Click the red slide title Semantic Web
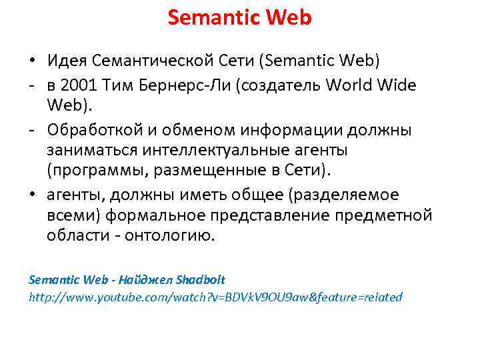tap(239, 18)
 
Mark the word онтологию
tap(176, 236)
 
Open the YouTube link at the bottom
tap(215, 297)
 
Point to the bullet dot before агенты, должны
tap(33, 195)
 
